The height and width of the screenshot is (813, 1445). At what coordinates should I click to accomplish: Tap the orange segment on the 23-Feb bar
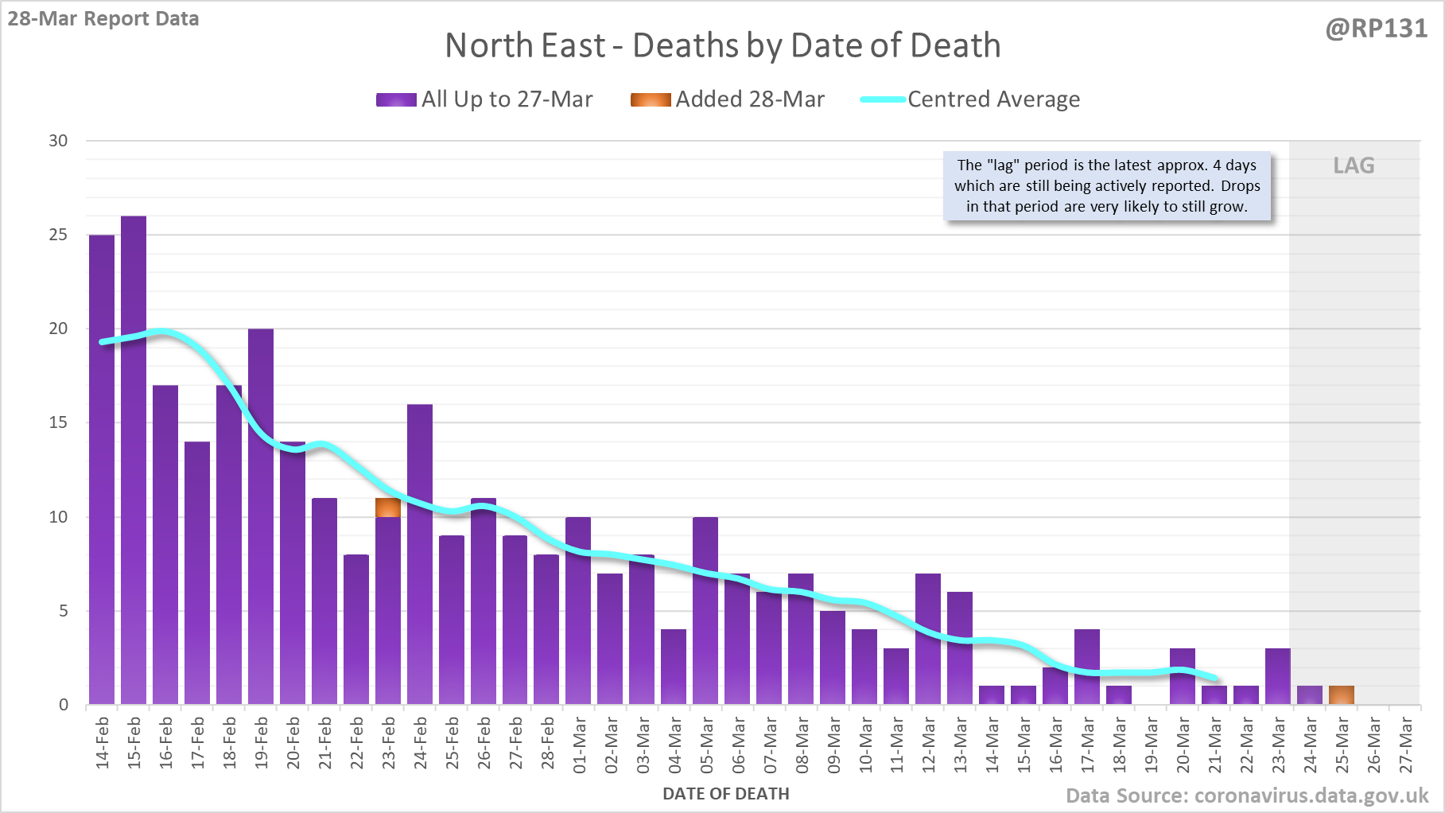388,508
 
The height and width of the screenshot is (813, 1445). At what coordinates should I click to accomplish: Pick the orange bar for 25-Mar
1342,695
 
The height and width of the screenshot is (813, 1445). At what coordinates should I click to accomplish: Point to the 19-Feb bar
261,516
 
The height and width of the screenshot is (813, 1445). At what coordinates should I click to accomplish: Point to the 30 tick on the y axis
58,141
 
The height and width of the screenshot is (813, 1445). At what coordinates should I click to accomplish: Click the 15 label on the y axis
58,422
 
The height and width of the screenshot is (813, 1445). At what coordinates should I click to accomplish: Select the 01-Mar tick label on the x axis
579,745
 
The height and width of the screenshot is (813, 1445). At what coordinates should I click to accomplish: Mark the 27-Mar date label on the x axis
1405,745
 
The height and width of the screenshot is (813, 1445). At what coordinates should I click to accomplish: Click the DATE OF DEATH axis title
725,794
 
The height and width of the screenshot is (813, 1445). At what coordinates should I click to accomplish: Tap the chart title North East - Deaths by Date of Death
722,45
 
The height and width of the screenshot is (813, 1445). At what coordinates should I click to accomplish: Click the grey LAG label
1354,165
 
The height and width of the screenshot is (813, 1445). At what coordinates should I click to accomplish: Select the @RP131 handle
1376,29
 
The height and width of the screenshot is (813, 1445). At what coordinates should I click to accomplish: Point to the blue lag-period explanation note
1107,186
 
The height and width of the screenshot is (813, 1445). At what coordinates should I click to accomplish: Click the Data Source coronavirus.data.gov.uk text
1247,795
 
